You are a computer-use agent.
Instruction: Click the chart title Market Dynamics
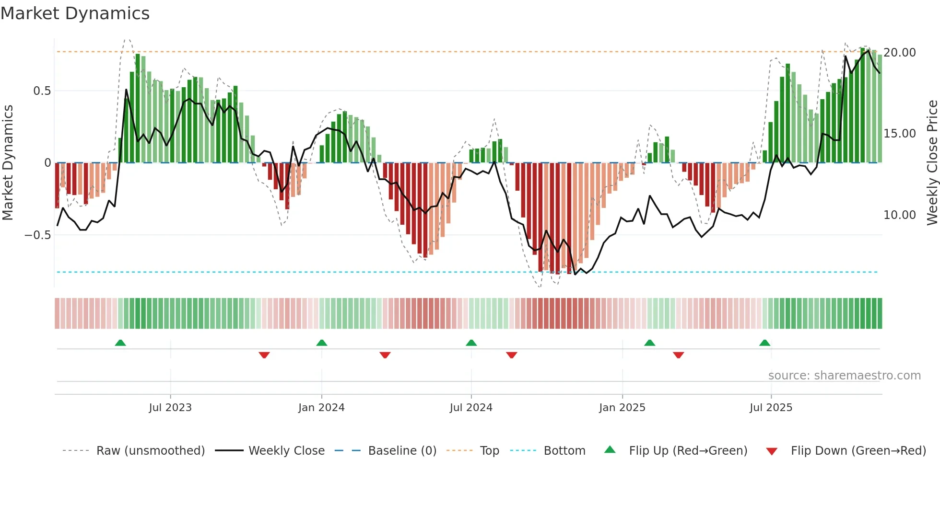pos(75,13)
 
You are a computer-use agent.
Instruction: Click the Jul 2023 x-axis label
pos(170,408)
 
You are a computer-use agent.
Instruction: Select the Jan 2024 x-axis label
pos(321,408)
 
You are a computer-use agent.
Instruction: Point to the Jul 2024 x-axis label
pos(471,408)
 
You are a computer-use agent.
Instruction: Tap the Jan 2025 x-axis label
pos(622,408)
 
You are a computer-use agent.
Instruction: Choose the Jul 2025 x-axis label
pos(771,408)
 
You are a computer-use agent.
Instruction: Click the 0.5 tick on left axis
pos(42,91)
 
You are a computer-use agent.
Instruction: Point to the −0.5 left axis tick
pos(37,235)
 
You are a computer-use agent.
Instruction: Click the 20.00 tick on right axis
pos(900,53)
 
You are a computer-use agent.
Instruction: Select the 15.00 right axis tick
pos(900,134)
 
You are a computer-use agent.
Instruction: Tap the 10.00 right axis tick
pos(900,215)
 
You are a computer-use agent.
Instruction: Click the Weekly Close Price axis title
pos(932,162)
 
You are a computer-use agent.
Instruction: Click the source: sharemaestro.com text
pos(844,376)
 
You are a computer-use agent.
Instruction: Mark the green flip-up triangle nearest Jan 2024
pos(322,343)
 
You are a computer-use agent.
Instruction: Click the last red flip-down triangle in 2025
pos(678,355)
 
